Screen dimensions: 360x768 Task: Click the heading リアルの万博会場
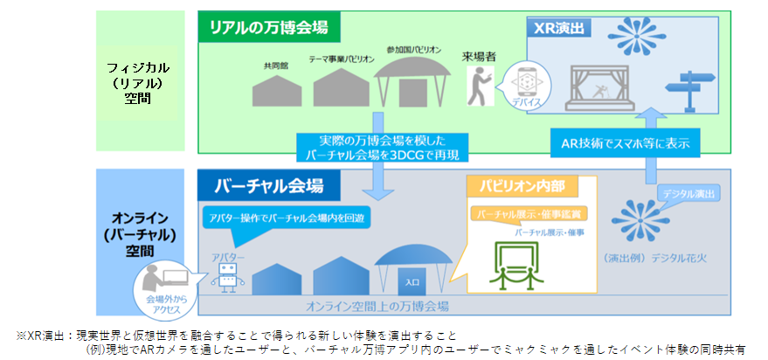pyautogui.click(x=268, y=27)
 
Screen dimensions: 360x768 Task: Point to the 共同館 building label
pyautogui.click(x=274, y=66)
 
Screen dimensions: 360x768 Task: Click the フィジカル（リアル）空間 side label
pyautogui.click(x=137, y=83)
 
